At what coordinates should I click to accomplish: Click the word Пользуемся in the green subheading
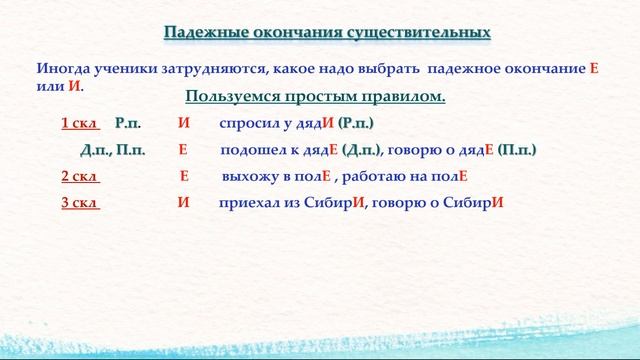(232, 97)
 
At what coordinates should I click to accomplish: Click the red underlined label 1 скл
(80, 123)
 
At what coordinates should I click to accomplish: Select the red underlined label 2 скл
(80, 176)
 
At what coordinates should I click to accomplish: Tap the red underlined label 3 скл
(80, 202)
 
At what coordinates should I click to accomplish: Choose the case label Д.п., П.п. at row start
(113, 150)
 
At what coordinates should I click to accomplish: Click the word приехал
(248, 202)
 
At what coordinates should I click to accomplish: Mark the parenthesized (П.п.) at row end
(517, 150)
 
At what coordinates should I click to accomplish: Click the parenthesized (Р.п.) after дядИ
(355, 123)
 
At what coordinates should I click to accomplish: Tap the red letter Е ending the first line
(593, 70)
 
